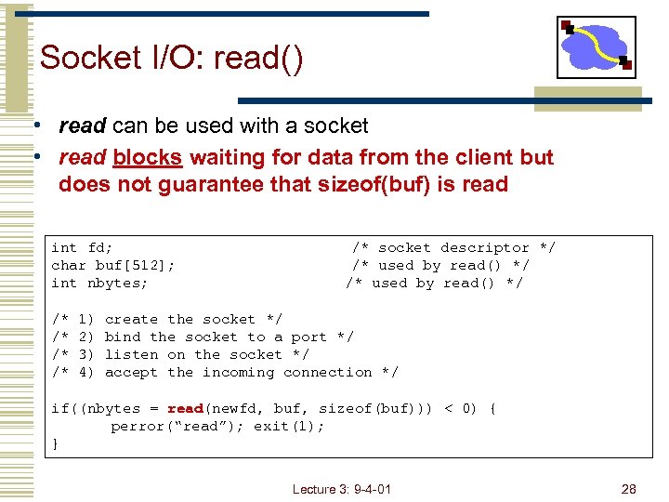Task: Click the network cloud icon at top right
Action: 597,46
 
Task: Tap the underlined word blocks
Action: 147,157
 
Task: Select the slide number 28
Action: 629,489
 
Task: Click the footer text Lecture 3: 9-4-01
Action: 341,489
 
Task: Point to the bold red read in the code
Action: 186,408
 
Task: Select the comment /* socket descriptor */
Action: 453,247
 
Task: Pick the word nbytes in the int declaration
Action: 117,283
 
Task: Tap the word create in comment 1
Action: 131,319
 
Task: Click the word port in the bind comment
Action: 308,337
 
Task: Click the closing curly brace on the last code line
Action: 56,443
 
